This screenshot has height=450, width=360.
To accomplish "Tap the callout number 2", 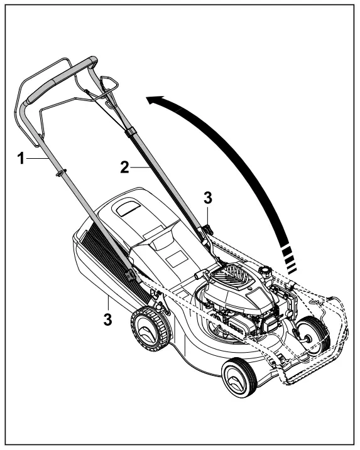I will point(124,167).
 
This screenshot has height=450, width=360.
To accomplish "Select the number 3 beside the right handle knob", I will point(208,197).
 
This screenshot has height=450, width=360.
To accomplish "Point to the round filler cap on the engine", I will point(266,271).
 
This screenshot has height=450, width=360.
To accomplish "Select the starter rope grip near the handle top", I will point(108,82).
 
